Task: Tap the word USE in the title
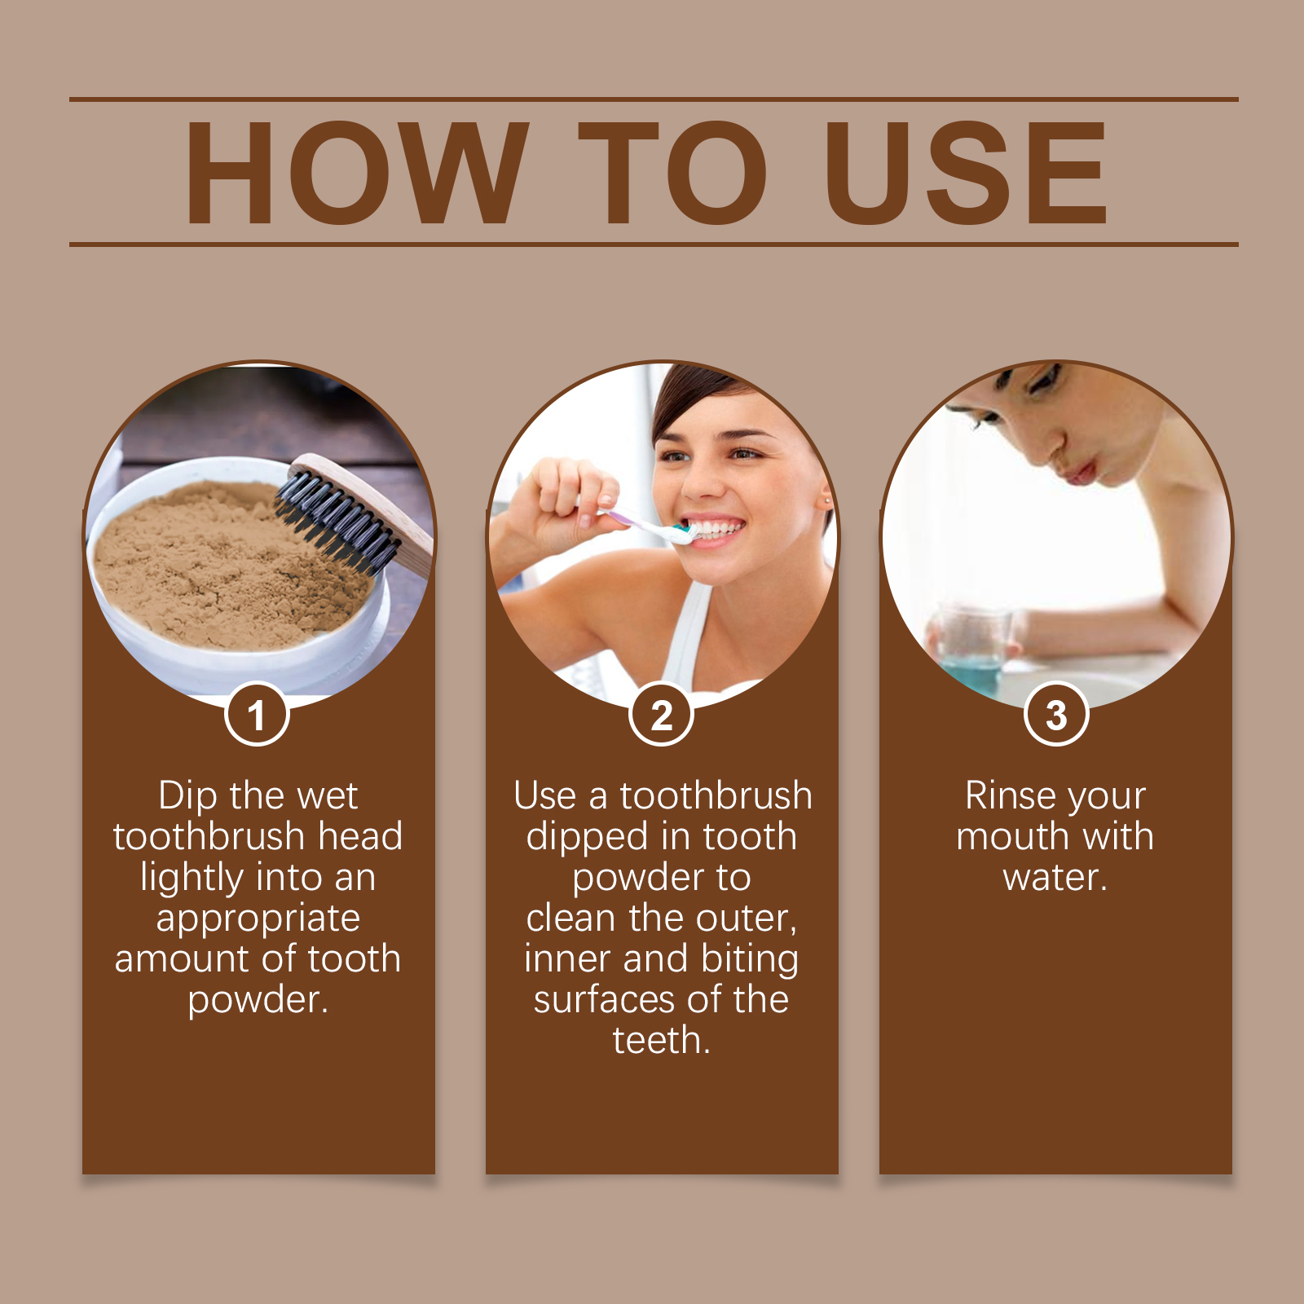click(966, 173)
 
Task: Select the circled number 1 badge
click(257, 715)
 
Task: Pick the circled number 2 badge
click(662, 715)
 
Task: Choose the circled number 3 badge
click(1056, 715)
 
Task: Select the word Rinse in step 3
click(1010, 795)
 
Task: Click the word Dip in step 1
click(187, 795)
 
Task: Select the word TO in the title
click(673, 173)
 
